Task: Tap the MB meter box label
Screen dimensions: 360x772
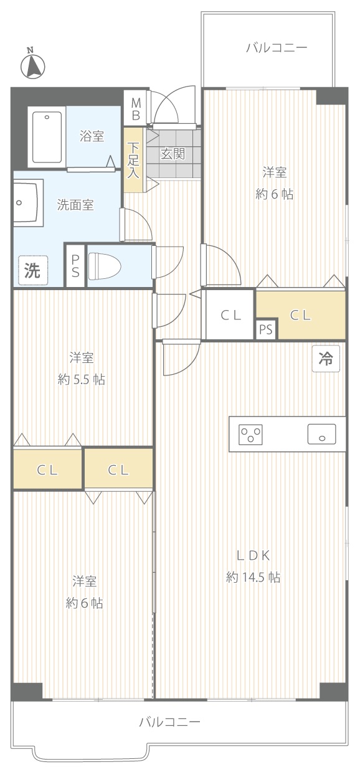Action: pyautogui.click(x=136, y=109)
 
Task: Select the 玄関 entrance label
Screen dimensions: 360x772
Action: pyautogui.click(x=173, y=154)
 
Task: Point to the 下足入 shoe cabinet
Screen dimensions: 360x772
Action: pyautogui.click(x=133, y=160)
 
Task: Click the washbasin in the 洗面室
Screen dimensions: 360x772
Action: pyautogui.click(x=28, y=202)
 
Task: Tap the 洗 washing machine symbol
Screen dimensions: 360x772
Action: pyautogui.click(x=33, y=270)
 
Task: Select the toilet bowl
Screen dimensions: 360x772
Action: pyautogui.click(x=105, y=266)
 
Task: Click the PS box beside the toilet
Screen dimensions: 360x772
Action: pyautogui.click(x=75, y=265)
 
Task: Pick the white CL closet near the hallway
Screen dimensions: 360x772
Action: pyautogui.click(x=230, y=314)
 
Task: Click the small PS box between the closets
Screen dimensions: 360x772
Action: pyautogui.click(x=266, y=329)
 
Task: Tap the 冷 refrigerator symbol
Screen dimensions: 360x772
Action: pyautogui.click(x=326, y=359)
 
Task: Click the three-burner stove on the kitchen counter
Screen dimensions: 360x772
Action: pyautogui.click(x=250, y=434)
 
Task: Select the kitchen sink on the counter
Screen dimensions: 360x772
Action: pyautogui.click(x=322, y=434)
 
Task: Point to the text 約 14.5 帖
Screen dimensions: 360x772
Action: pyautogui.click(x=253, y=577)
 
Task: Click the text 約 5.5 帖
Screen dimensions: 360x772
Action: pyautogui.click(x=82, y=379)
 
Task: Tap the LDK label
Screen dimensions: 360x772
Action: pyautogui.click(x=253, y=555)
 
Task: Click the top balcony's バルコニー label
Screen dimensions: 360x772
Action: pyautogui.click(x=277, y=47)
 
